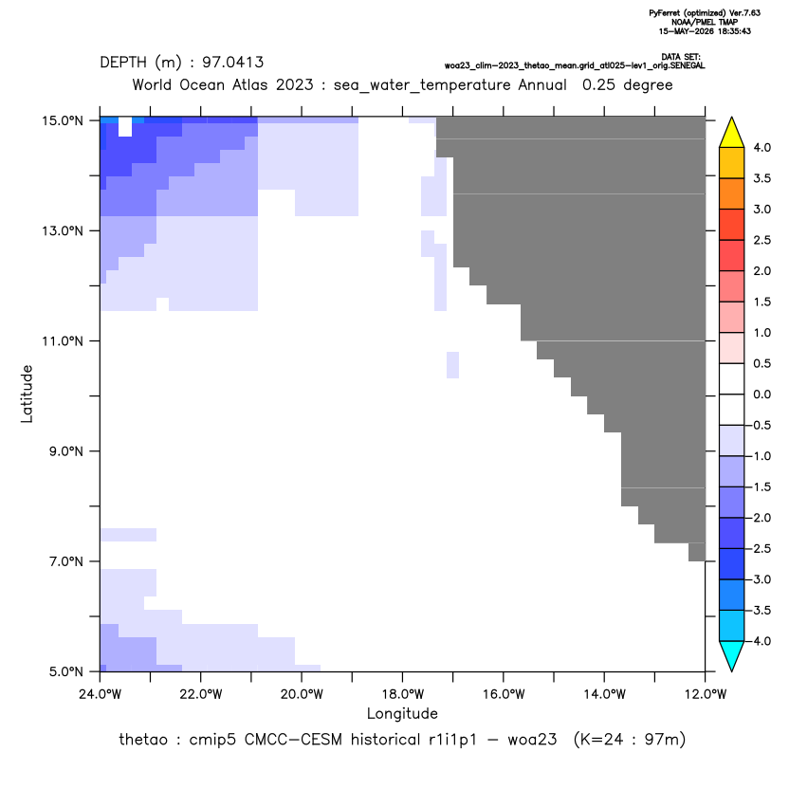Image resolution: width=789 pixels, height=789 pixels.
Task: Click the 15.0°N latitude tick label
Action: tap(63, 120)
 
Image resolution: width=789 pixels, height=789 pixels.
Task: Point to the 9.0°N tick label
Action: tap(66, 450)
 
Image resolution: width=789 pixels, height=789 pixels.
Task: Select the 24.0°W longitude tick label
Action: tap(101, 694)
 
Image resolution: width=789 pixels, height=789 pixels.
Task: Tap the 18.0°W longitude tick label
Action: tap(402, 694)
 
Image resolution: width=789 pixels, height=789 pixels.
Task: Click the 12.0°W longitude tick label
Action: tap(706, 694)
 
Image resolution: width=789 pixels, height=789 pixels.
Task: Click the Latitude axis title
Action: tap(27, 394)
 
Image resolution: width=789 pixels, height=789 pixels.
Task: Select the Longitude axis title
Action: tap(402, 713)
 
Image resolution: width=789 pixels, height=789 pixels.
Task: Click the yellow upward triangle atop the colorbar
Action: tap(732, 133)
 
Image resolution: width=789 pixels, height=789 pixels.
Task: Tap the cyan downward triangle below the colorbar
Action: tap(732, 655)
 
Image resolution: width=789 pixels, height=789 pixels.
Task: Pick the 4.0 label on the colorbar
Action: tap(761, 147)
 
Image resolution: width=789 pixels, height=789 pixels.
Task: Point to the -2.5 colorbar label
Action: tap(759, 548)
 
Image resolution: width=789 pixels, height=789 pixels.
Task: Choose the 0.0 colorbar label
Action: tap(761, 394)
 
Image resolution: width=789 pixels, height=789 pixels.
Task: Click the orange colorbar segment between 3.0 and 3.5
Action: tap(732, 193)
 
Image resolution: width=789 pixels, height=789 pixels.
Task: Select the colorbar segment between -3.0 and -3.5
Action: tap(732, 595)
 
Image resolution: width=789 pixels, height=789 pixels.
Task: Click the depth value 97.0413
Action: tap(233, 63)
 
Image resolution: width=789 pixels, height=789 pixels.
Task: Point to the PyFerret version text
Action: tap(705, 13)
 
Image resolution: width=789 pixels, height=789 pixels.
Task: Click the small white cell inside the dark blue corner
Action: tap(125, 127)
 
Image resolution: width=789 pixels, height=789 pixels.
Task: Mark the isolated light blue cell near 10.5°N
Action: tap(453, 365)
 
